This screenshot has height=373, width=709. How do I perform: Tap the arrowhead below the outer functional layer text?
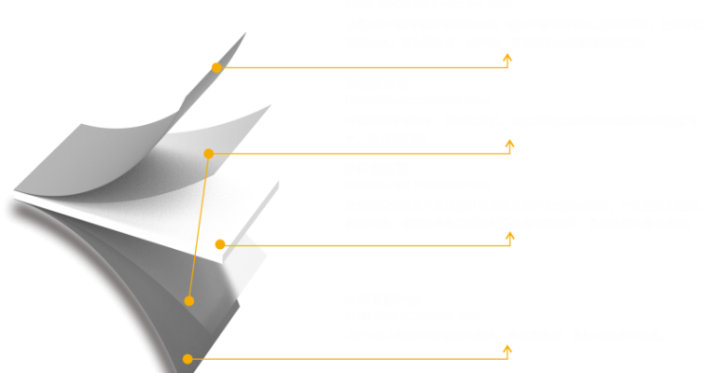coord(507,58)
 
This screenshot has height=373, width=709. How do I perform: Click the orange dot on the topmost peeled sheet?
coord(216,67)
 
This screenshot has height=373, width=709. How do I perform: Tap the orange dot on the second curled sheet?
coord(209,153)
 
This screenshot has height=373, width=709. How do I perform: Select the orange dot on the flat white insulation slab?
coord(220,245)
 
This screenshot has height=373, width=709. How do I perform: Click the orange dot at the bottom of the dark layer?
coord(188,358)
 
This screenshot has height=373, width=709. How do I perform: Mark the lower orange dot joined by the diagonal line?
coord(189,300)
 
